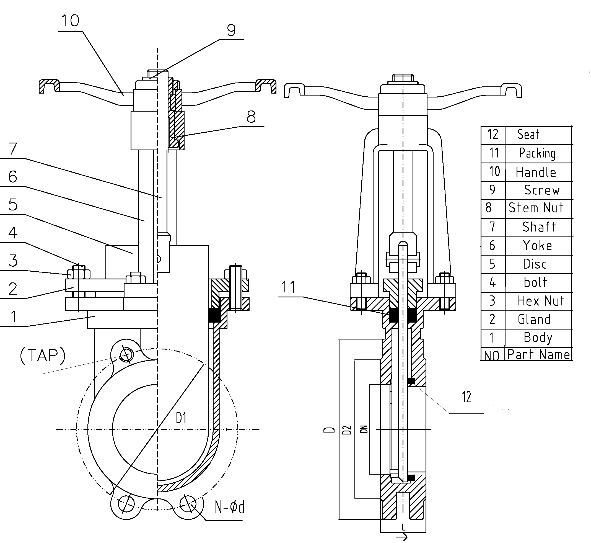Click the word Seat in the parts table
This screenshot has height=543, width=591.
coord(528,135)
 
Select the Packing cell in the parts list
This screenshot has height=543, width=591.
coord(537,153)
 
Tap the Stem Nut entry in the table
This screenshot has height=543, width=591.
coord(536,208)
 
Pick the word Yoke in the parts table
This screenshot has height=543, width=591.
coord(537,245)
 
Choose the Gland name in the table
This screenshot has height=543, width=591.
coord(534,319)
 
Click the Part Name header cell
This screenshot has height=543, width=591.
coord(538,355)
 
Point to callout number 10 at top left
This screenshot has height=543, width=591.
coord(70,21)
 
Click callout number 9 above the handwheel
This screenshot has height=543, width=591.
coord(231,30)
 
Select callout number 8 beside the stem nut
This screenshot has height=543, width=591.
coord(251,117)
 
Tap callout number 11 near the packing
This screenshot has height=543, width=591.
coord(288,287)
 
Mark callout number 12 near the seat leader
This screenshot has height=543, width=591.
coord(466,397)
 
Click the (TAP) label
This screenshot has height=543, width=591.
coord(43,355)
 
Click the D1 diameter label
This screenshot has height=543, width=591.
coord(181,418)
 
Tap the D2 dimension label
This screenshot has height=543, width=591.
coord(347,430)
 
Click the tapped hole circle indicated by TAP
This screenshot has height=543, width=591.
coord(126,354)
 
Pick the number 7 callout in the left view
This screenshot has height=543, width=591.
coord(13,149)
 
